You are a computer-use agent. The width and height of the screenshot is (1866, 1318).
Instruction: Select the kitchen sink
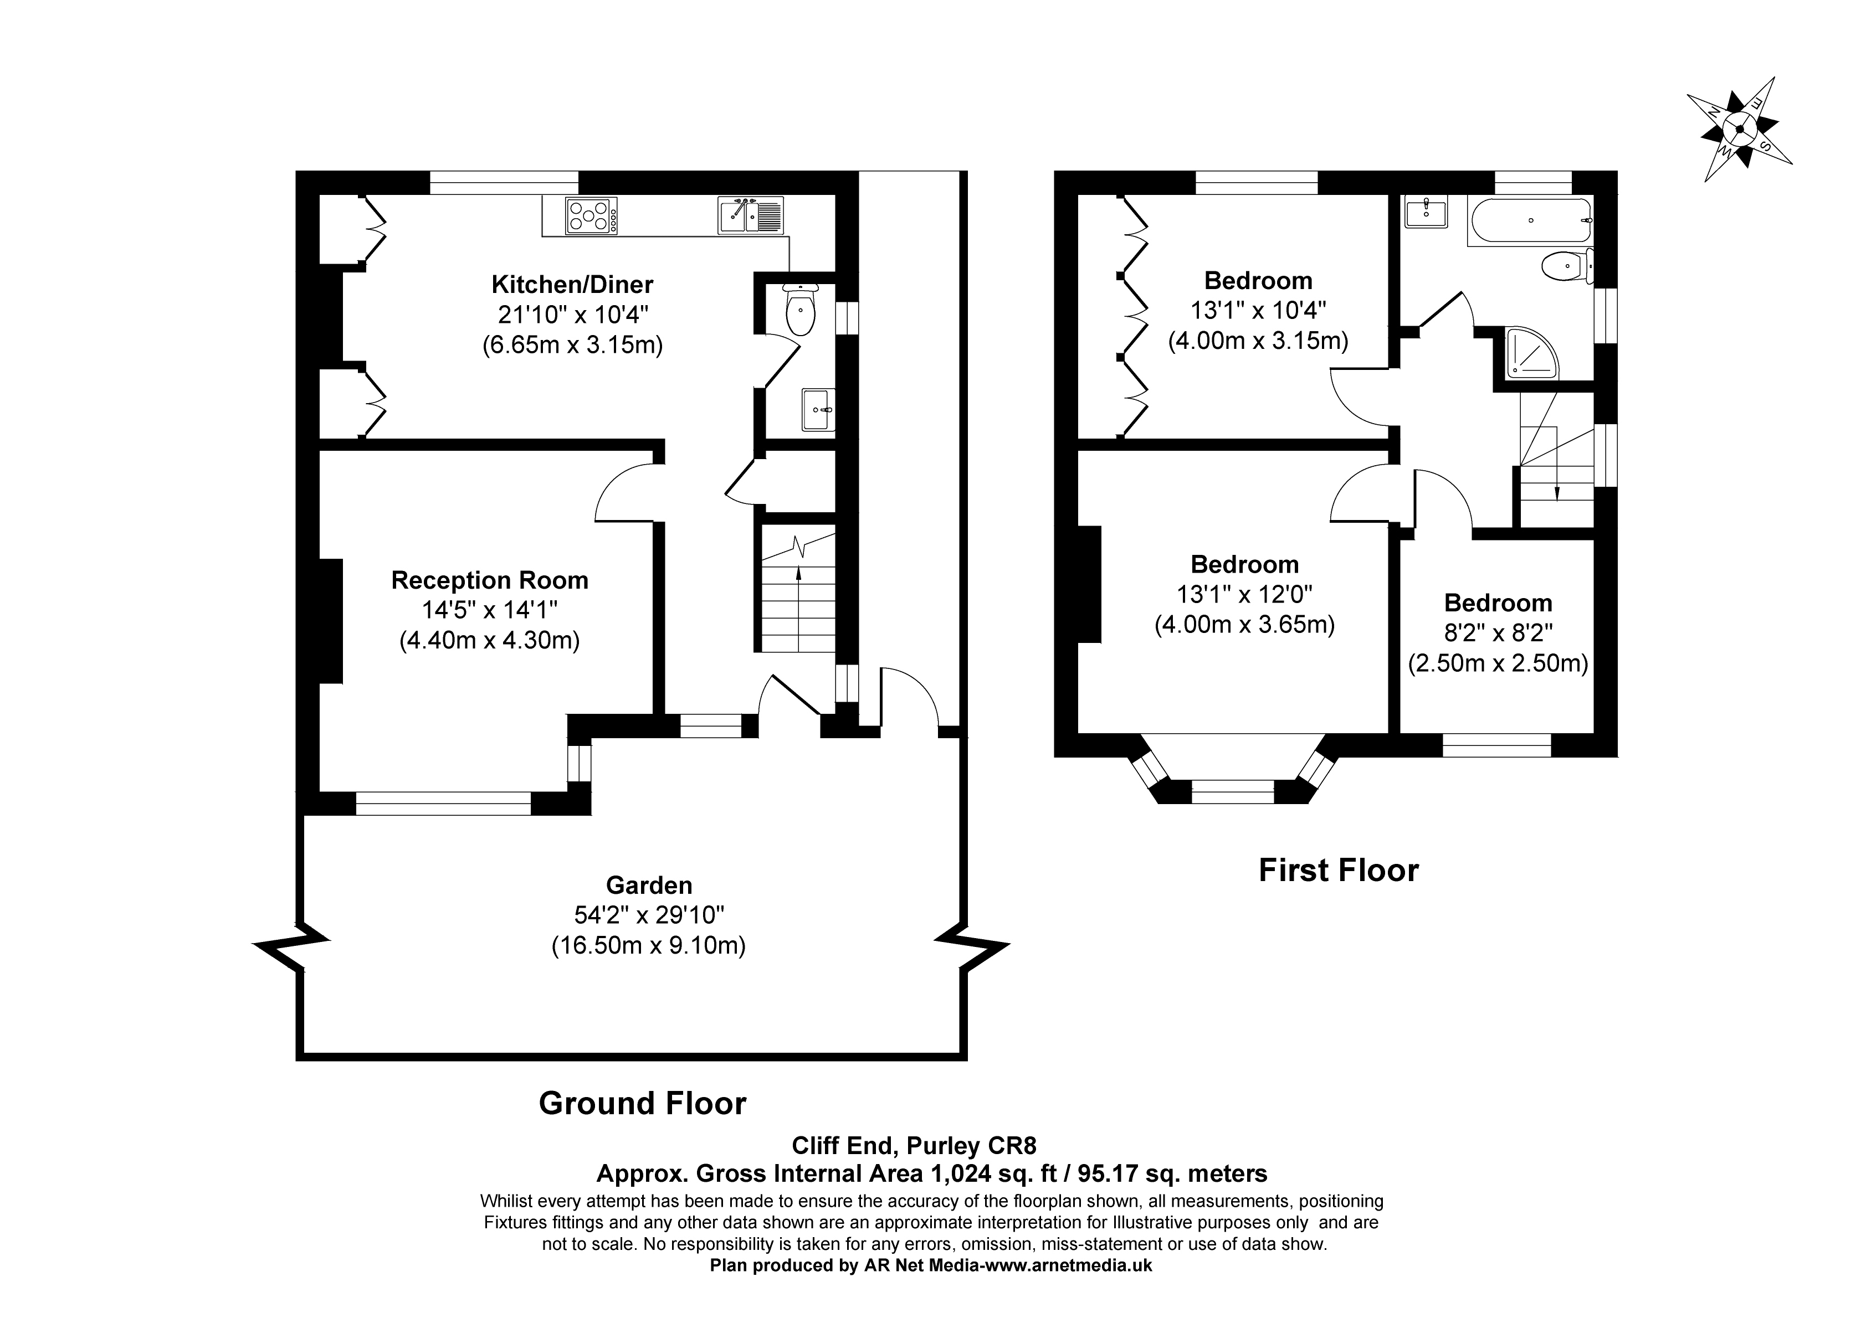click(x=751, y=216)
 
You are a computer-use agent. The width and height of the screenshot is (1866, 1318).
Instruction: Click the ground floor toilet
click(x=801, y=311)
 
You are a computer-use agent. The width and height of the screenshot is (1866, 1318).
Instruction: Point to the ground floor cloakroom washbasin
click(x=818, y=410)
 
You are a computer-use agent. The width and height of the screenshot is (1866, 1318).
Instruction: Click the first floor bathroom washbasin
click(x=1426, y=212)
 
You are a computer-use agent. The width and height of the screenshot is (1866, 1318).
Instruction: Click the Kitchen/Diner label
click(x=572, y=285)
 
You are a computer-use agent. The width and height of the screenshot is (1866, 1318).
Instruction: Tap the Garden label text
click(x=649, y=885)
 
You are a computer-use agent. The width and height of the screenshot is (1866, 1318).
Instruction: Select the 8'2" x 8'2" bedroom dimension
click(x=1498, y=633)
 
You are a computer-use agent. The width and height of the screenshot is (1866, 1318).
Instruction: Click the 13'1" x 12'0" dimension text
click(x=1244, y=594)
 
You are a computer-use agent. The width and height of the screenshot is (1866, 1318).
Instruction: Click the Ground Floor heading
click(x=642, y=1104)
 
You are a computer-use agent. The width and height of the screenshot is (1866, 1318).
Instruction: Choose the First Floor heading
click(x=1339, y=871)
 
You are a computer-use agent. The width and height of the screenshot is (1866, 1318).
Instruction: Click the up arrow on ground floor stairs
click(x=799, y=609)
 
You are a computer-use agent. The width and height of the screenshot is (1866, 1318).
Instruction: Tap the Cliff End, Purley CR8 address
click(x=914, y=1146)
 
